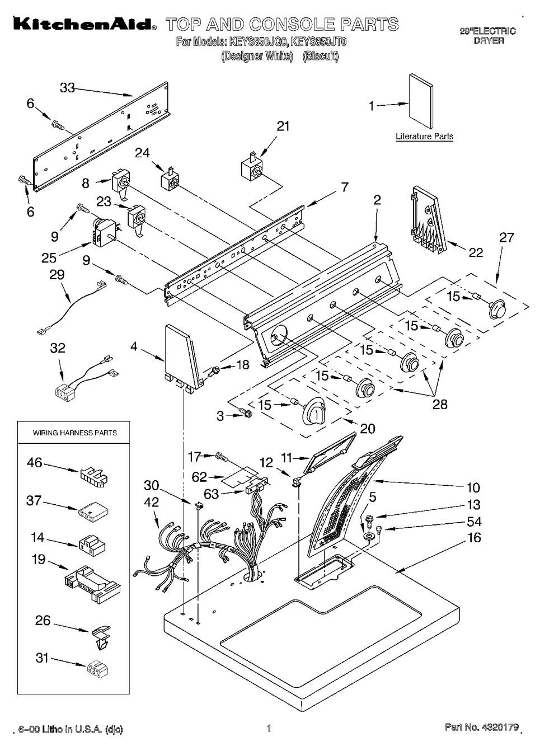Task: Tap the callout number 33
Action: (x=68, y=88)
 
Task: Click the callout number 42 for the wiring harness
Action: (x=152, y=502)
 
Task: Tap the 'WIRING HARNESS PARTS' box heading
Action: (x=74, y=433)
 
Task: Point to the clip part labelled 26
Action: (x=98, y=636)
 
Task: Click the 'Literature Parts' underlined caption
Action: (x=424, y=136)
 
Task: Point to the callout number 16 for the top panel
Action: (x=474, y=538)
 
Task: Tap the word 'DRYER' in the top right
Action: (x=489, y=40)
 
